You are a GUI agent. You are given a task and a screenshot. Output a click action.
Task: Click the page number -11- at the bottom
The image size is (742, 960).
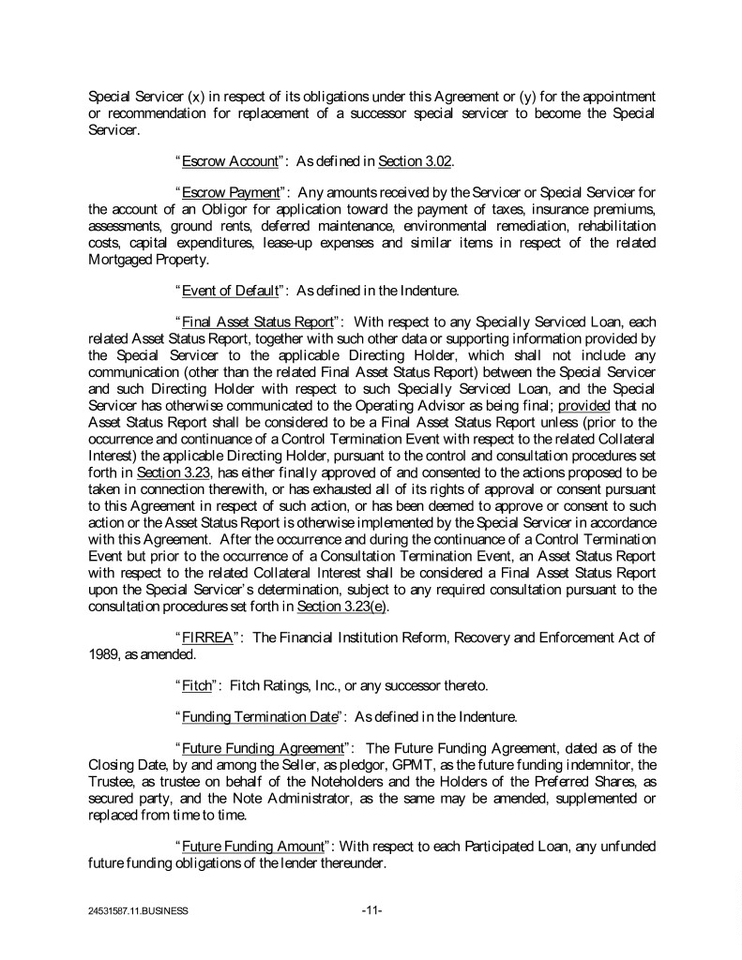pyautogui.click(x=371, y=909)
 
